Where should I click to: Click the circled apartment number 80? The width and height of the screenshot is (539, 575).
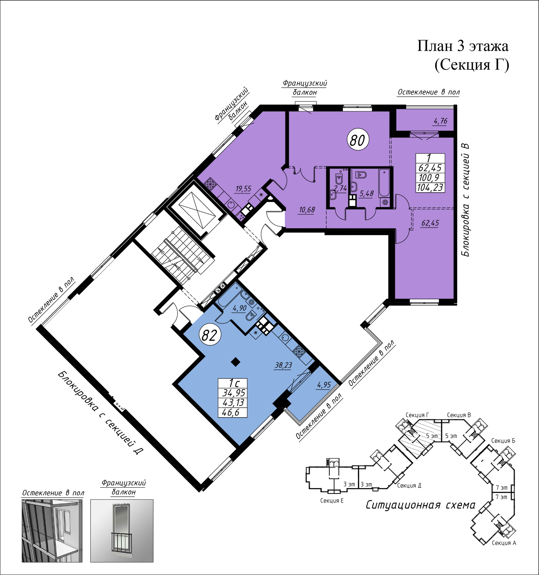(x=358, y=140)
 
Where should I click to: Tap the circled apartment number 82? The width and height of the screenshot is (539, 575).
(x=209, y=335)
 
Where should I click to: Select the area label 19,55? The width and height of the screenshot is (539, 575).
(x=243, y=189)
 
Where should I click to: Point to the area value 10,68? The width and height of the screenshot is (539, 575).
(x=307, y=210)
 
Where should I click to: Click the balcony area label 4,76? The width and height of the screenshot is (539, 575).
(x=441, y=121)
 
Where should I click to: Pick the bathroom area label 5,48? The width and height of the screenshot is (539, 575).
(x=367, y=194)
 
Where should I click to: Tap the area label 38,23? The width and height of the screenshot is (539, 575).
(x=283, y=365)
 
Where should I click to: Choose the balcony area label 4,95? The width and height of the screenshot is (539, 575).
(x=324, y=385)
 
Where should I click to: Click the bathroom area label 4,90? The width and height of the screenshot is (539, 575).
(x=240, y=308)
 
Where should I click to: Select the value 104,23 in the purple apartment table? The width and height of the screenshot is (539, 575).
(x=430, y=187)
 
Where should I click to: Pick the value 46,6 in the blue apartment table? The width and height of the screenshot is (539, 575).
(x=231, y=412)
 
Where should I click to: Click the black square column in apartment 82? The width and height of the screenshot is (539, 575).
(x=235, y=362)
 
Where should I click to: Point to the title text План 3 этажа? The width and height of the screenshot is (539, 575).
(x=463, y=46)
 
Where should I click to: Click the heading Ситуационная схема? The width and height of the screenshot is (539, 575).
(x=420, y=505)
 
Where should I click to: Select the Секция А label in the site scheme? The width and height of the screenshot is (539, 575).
(x=504, y=543)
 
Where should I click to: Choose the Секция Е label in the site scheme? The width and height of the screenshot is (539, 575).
(x=332, y=501)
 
